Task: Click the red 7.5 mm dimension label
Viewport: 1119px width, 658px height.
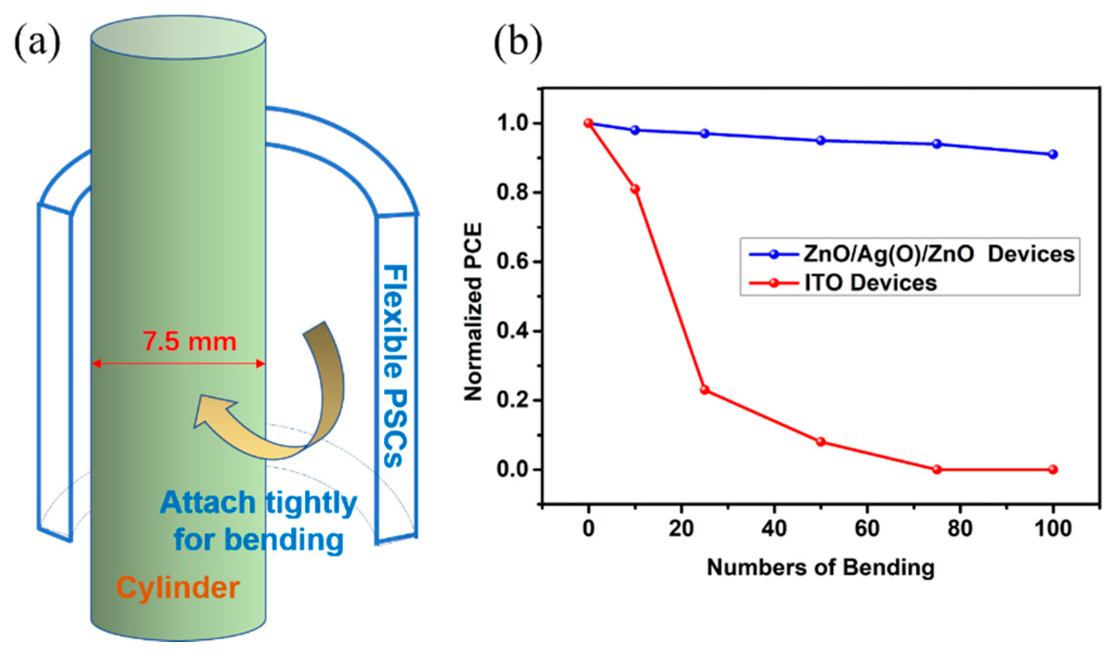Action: [x=189, y=342]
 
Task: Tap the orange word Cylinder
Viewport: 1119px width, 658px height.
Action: [x=178, y=588]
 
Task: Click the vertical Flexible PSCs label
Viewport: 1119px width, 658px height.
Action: [x=395, y=366]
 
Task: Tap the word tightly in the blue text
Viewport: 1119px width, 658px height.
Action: [x=311, y=502]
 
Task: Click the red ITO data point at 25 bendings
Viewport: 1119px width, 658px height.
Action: [x=704, y=390]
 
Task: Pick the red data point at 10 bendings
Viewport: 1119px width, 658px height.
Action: [x=635, y=189]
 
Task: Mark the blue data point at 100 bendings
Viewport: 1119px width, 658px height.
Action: [x=1053, y=154]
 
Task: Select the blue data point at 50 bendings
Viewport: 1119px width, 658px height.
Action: [x=821, y=140]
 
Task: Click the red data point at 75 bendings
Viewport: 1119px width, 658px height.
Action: [x=937, y=469]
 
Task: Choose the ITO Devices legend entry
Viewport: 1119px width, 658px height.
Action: [x=870, y=282]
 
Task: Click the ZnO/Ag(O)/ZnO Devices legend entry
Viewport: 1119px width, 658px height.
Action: [x=939, y=254]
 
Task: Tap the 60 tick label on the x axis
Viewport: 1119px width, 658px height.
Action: [x=867, y=528]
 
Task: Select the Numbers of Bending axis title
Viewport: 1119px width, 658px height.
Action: [x=821, y=567]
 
